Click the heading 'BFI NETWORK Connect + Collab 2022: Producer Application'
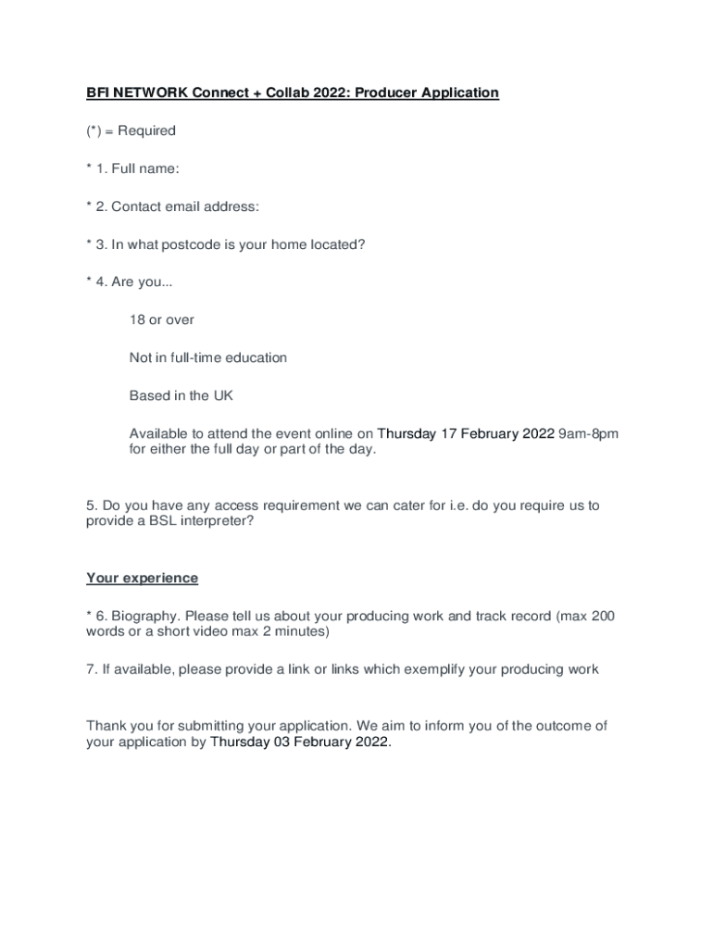pos(293,93)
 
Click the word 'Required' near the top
pos(146,131)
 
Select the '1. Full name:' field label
pos(138,168)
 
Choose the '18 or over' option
pos(162,319)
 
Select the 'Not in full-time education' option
pos(208,357)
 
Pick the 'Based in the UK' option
pos(181,395)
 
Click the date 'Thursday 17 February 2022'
pos(466,433)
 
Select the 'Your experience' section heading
pos(143,578)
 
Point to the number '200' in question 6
pos(602,616)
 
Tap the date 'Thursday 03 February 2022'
pos(300,742)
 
